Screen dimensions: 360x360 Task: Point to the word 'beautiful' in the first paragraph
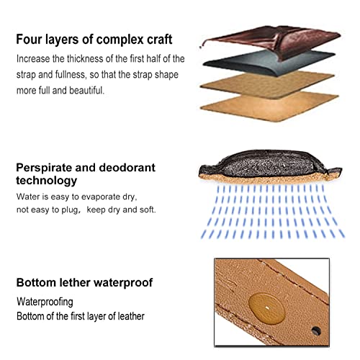(86, 91)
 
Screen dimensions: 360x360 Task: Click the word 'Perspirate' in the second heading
(44, 168)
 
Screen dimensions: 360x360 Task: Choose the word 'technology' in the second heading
(47, 181)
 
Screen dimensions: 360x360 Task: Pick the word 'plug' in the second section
(70, 210)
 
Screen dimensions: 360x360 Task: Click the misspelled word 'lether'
(75, 282)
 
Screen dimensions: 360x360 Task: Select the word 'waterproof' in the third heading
(123, 283)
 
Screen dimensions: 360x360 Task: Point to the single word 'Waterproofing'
(45, 302)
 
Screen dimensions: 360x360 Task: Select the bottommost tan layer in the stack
(269, 107)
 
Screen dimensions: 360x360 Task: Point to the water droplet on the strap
(266, 308)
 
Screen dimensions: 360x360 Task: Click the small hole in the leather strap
(316, 331)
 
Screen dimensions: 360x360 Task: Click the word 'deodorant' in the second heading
(127, 168)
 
